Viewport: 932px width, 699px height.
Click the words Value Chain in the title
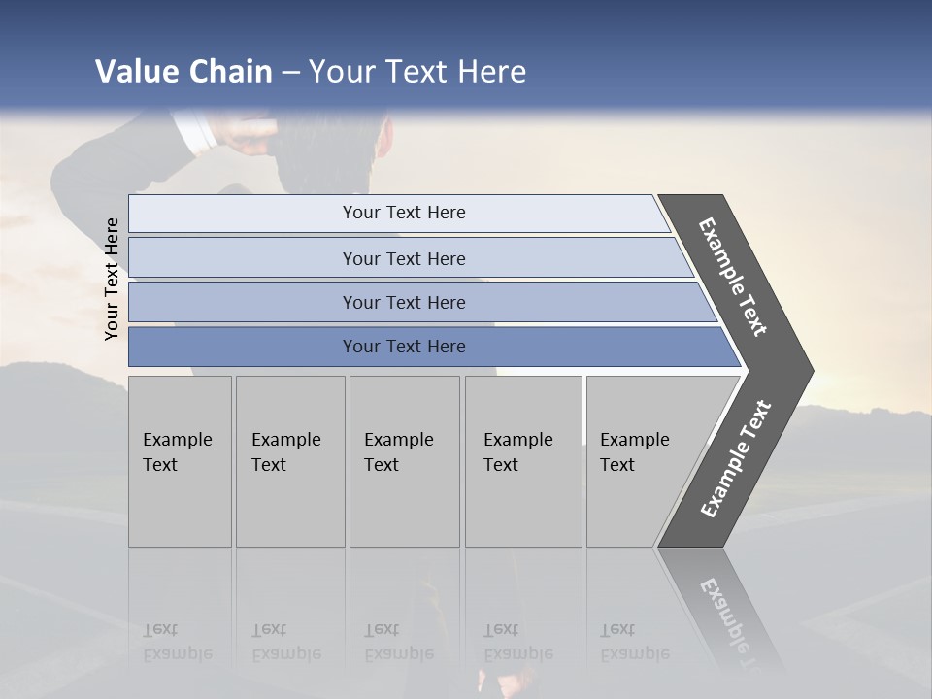point(183,72)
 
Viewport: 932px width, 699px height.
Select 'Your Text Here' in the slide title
point(417,72)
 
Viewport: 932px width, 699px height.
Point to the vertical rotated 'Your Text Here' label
point(112,279)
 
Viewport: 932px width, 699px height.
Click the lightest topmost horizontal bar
point(403,213)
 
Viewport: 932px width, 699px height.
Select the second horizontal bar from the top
point(403,258)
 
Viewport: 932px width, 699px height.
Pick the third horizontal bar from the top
point(403,302)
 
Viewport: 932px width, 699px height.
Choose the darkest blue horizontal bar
point(403,347)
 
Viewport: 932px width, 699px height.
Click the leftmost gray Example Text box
point(180,460)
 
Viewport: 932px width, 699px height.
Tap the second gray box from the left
point(289,460)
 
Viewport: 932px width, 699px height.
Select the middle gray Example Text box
point(404,460)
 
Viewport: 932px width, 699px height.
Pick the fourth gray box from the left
point(522,460)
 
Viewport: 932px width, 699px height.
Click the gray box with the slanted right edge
point(641,460)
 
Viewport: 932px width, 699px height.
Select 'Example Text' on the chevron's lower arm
point(736,459)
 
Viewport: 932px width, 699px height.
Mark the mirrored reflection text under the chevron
point(728,621)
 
